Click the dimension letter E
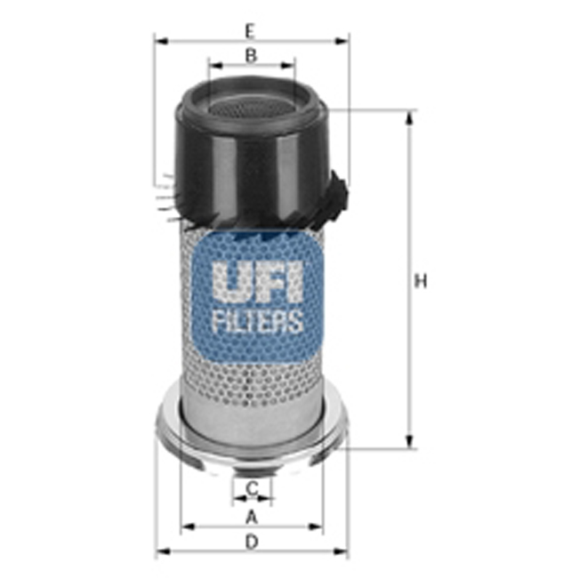(x=251, y=30)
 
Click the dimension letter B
(x=251, y=55)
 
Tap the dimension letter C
(x=252, y=488)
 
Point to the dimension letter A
(x=251, y=516)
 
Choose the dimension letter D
(x=252, y=541)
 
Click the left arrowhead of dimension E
(x=158, y=40)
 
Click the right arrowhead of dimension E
(x=345, y=40)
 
